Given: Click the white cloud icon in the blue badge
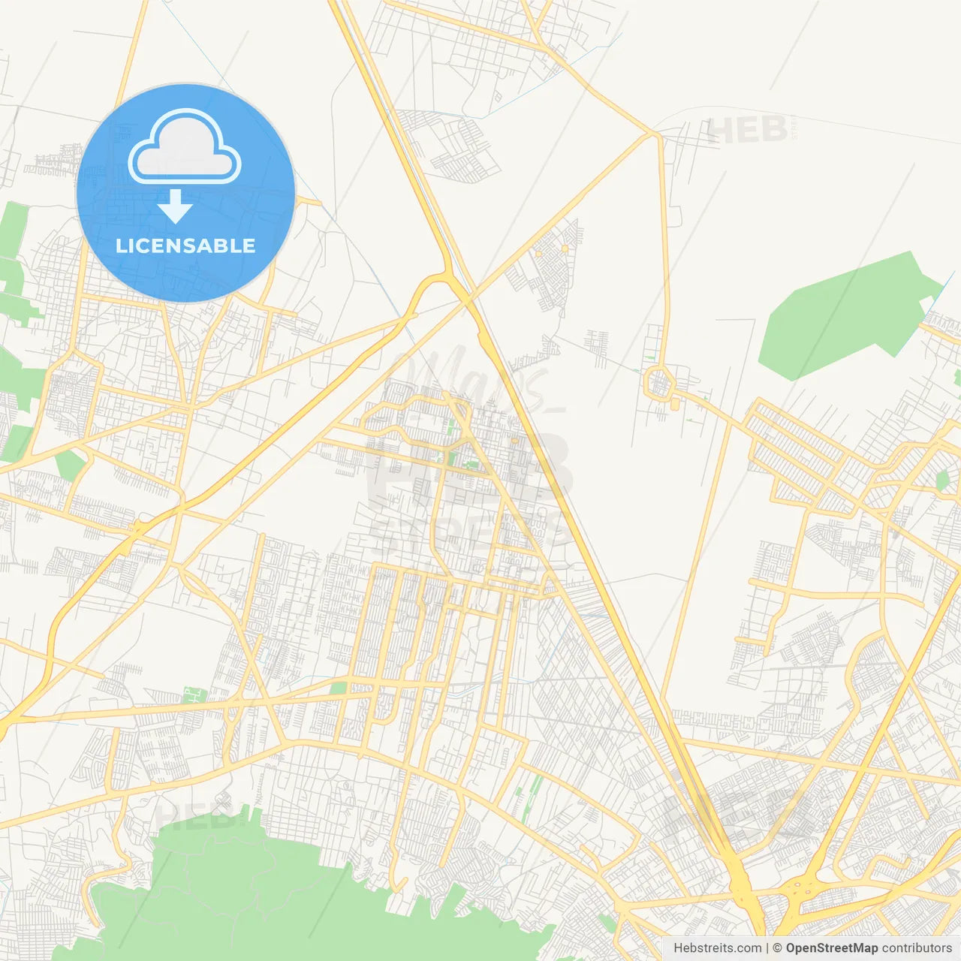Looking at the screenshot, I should pyautogui.click(x=185, y=148).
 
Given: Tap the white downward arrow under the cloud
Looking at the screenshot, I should pyautogui.click(x=175, y=206).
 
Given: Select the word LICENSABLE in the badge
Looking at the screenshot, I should pyautogui.click(x=185, y=246).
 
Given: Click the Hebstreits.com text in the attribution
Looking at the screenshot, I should pyautogui.click(x=717, y=948).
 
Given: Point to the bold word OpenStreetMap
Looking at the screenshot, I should pyautogui.click(x=831, y=948).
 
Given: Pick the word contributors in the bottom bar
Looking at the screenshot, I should pyautogui.click(x=917, y=948).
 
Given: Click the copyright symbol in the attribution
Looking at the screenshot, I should pyautogui.click(x=778, y=948).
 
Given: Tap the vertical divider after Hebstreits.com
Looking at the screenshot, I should pyautogui.click(x=767, y=948).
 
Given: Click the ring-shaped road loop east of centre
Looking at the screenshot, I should pyautogui.click(x=659, y=382).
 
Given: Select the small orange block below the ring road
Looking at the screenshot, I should pyautogui.click(x=674, y=405).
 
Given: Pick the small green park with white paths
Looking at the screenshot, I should pyautogui.click(x=471, y=465).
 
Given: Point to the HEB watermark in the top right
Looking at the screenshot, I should pyautogui.click(x=748, y=130).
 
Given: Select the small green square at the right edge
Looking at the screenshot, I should pyautogui.click(x=942, y=481).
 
